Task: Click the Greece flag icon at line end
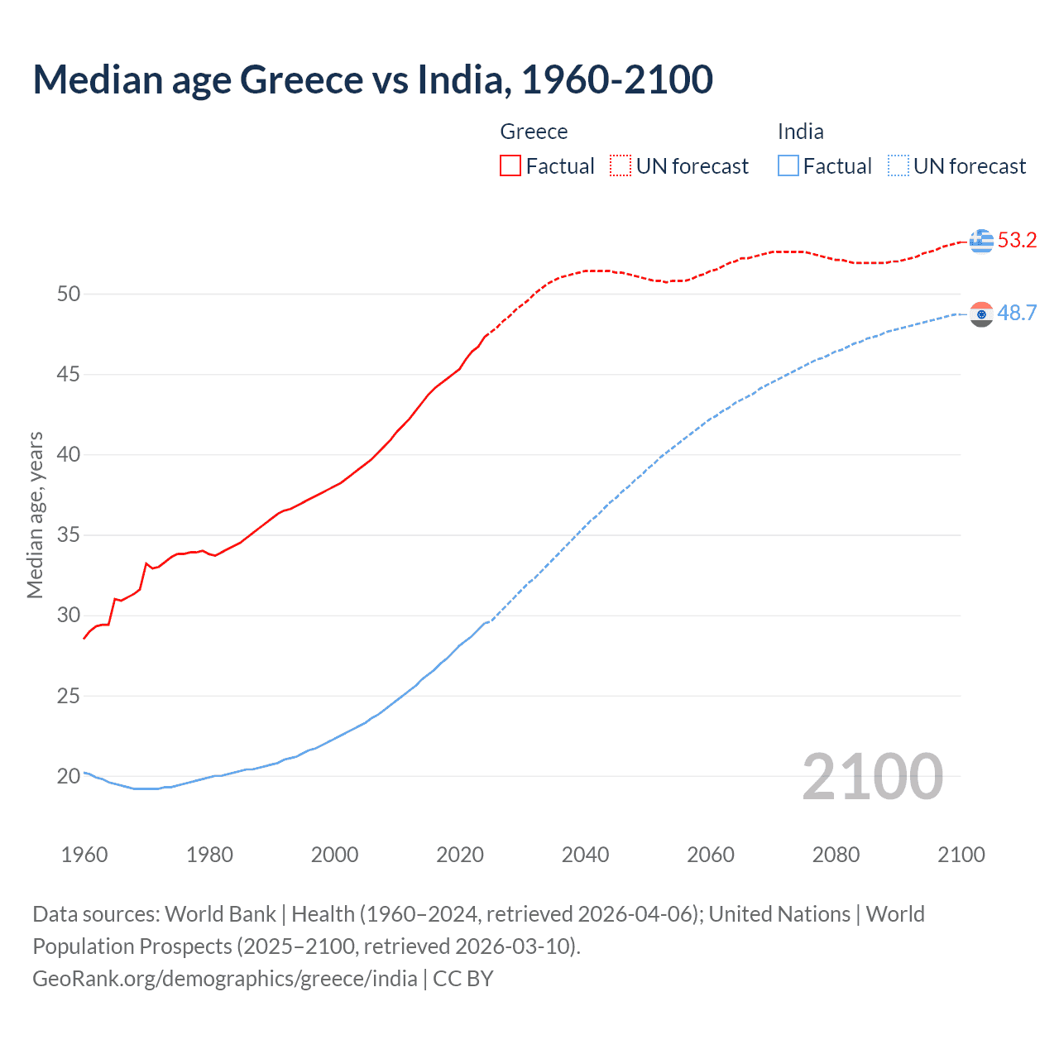(981, 241)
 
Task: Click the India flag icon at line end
(981, 314)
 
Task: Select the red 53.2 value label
(1017, 241)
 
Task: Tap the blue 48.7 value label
(1017, 313)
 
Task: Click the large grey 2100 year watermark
(872, 776)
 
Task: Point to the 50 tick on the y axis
(69, 294)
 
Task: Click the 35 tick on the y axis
(69, 535)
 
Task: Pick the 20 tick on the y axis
(69, 776)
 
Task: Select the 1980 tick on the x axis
(209, 855)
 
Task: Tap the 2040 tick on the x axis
(585, 855)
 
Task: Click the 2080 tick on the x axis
(836, 855)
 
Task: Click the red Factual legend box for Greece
(510, 166)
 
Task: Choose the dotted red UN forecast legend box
(621, 166)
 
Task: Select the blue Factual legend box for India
(788, 166)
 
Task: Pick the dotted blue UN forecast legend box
(898, 166)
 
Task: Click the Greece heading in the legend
(534, 132)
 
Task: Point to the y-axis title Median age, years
(36, 515)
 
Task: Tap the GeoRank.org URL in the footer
(224, 978)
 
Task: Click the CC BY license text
(463, 978)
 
